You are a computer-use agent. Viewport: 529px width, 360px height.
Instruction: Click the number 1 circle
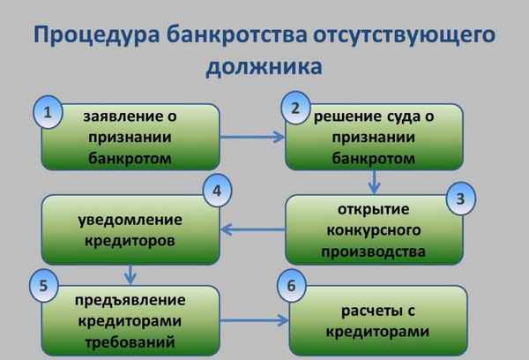tap(51, 113)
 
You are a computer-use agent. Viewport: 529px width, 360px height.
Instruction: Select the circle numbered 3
tap(459, 198)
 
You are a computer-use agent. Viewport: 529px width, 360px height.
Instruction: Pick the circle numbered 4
tap(216, 190)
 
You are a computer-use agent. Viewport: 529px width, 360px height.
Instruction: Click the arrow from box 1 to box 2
tap(250, 137)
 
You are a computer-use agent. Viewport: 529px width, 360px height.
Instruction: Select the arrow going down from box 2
tap(376, 180)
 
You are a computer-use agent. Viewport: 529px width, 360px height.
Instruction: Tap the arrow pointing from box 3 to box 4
tap(251, 229)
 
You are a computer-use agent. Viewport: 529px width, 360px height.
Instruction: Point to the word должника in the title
tap(264, 68)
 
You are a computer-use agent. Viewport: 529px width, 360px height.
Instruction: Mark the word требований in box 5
tap(130, 339)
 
